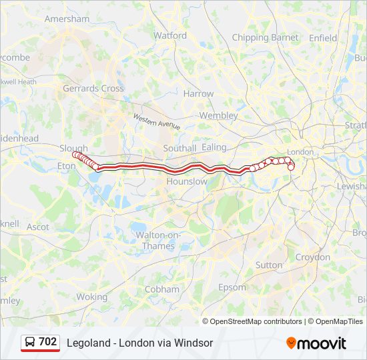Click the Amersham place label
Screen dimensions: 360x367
pyautogui.click(x=67, y=19)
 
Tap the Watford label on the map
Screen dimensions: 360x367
pyautogui.click(x=170, y=35)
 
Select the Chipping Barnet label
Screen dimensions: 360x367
pyautogui.click(x=265, y=38)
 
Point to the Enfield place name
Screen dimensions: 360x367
pyautogui.click(x=323, y=38)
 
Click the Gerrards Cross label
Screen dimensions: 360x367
pyautogui.click(x=93, y=88)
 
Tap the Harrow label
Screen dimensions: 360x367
pyautogui.click(x=198, y=94)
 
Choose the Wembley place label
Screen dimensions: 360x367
pyautogui.click(x=218, y=115)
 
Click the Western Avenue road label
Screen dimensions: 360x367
pyautogui.click(x=157, y=121)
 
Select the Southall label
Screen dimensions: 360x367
pyautogui.click(x=179, y=147)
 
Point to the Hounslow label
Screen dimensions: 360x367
pyautogui.click(x=187, y=181)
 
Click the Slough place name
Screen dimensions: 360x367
pyautogui.click(x=73, y=149)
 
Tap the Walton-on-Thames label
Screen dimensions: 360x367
pyautogui.click(x=155, y=241)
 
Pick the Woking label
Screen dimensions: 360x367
pyautogui.click(x=91, y=297)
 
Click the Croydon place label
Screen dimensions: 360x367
pyautogui.click(x=312, y=257)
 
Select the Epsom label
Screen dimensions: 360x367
pyautogui.click(x=233, y=287)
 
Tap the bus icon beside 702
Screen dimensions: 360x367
pyautogui.click(x=30, y=342)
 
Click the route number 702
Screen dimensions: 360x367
pyautogui.click(x=48, y=342)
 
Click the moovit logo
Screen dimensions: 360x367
pyautogui.click(x=316, y=343)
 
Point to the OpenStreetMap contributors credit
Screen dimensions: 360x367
pyautogui.click(x=256, y=321)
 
